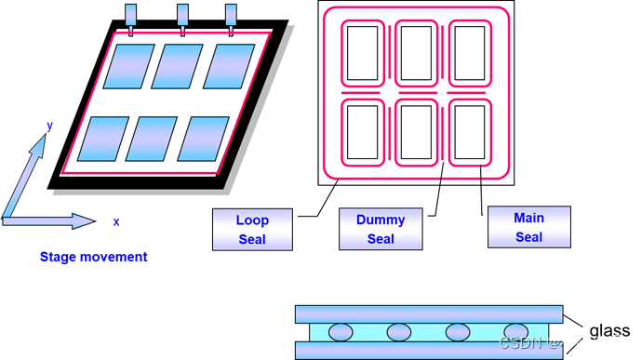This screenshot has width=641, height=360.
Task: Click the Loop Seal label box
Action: (x=252, y=230)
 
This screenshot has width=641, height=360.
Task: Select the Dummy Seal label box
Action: (x=381, y=229)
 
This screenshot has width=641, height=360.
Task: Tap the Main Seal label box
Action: (x=528, y=227)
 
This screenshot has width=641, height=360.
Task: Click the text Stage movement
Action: (x=94, y=257)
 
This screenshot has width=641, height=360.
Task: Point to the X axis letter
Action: (x=116, y=222)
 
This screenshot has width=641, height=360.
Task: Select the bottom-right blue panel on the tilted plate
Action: (x=203, y=138)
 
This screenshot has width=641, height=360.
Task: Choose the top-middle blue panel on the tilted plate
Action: (x=177, y=66)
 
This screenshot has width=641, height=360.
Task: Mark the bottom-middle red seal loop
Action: (x=417, y=131)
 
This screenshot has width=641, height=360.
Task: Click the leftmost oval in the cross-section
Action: (x=341, y=332)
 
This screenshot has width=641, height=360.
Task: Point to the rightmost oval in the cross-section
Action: (x=516, y=332)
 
